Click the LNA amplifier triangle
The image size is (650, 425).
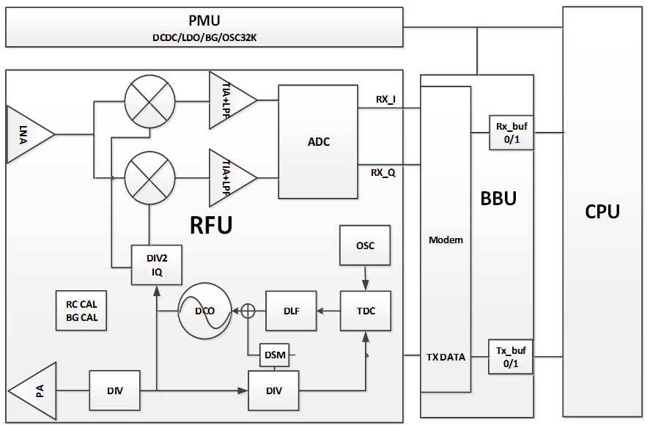[28, 134]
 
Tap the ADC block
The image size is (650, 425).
[318, 141]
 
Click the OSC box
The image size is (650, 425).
[365, 245]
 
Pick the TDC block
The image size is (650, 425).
[365, 311]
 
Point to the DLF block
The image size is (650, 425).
[290, 311]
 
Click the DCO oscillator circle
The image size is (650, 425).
[204, 311]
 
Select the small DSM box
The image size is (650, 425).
[275, 355]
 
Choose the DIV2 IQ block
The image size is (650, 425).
[156, 264]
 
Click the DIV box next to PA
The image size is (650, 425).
[114, 391]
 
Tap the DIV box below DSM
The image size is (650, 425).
[275, 391]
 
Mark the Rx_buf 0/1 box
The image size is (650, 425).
[511, 133]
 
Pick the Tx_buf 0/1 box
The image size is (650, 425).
[511, 357]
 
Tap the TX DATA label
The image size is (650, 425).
[446, 357]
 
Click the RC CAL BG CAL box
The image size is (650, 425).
[81, 311]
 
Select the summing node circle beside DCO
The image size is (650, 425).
[248, 311]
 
